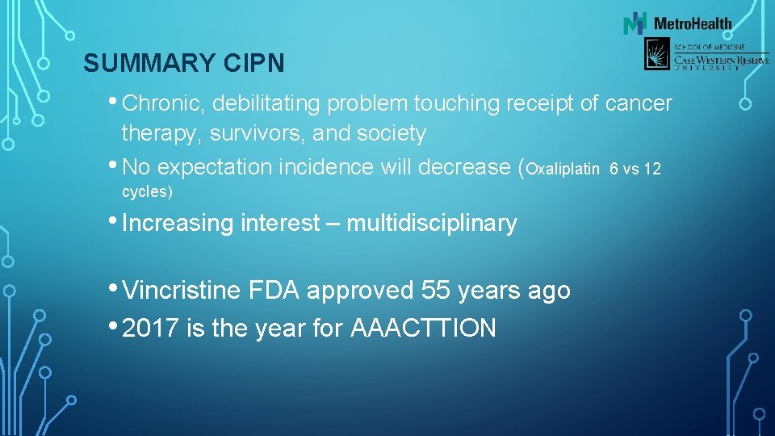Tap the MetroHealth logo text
(692, 23)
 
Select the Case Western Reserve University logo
(706, 55)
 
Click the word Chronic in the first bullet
(164, 103)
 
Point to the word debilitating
(270, 103)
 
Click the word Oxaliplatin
(563, 169)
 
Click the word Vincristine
(182, 290)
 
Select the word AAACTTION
(424, 328)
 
